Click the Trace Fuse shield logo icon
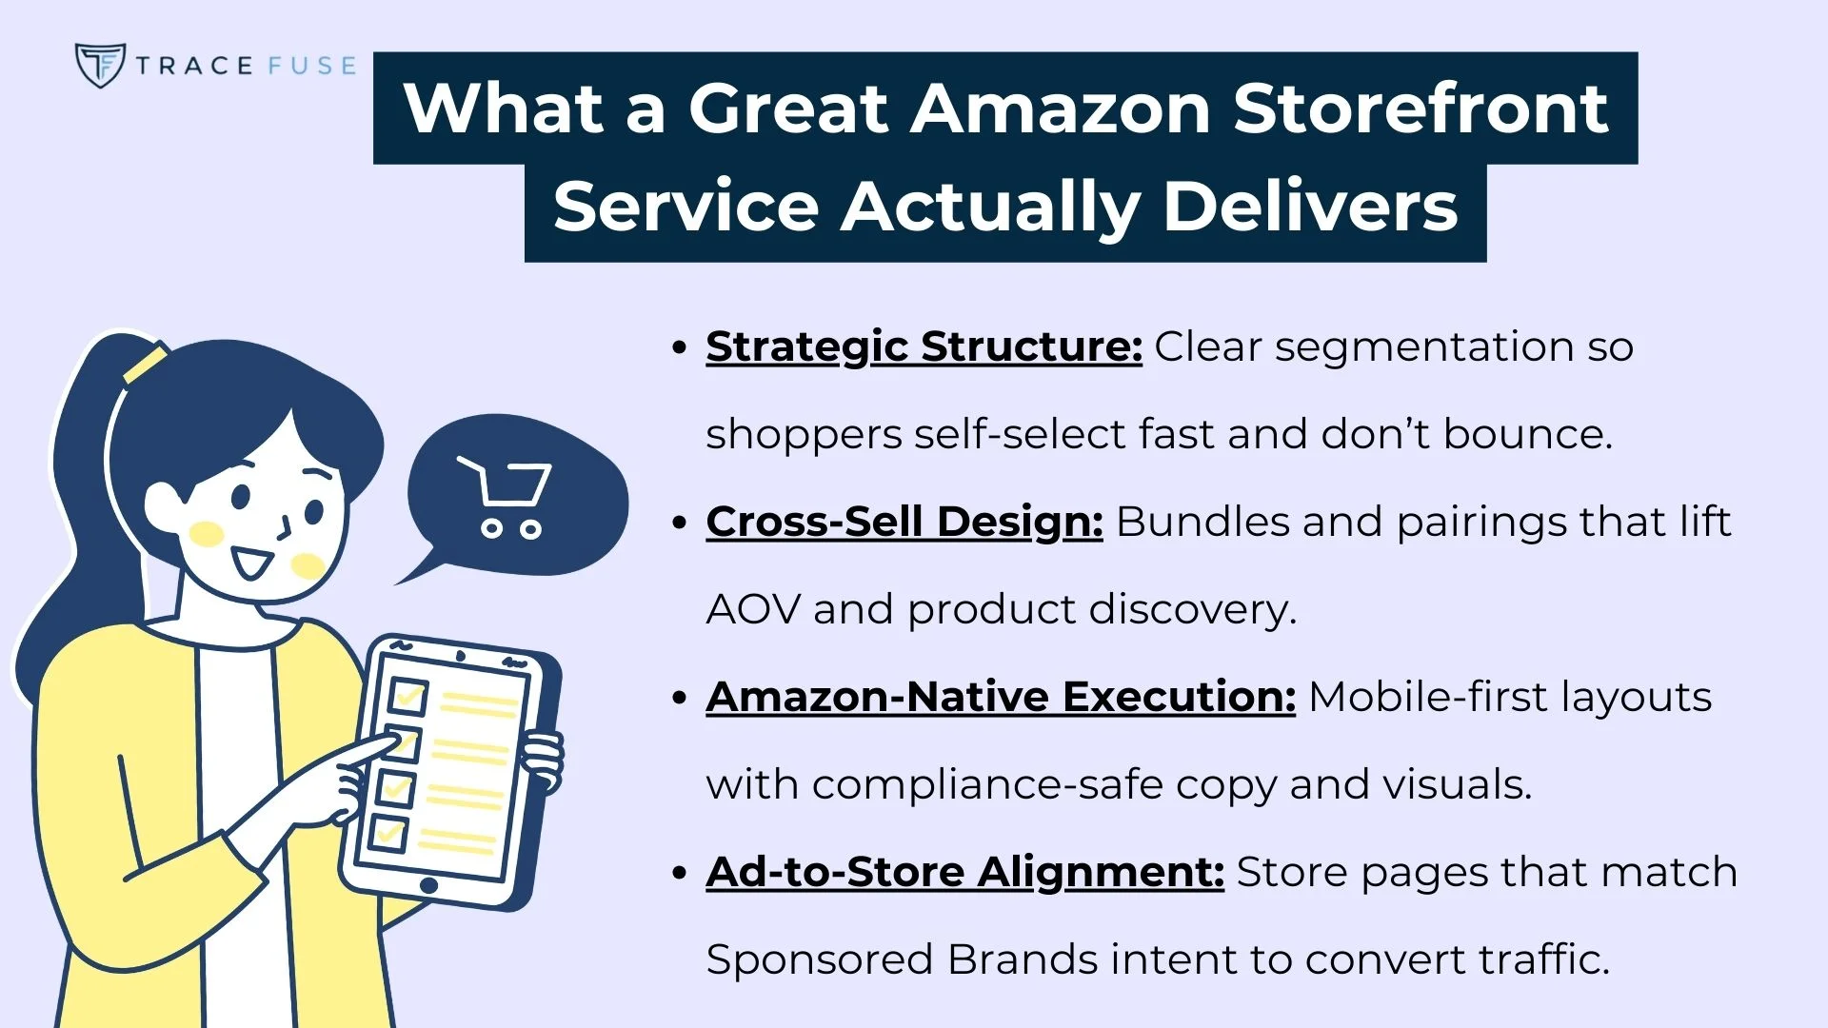click(x=100, y=65)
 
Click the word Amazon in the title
click(x=1060, y=109)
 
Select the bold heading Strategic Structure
click(x=924, y=346)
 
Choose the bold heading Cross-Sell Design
click(x=904, y=522)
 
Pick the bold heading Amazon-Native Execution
click(x=1001, y=697)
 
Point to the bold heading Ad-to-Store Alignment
click(x=964, y=872)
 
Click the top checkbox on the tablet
click(x=407, y=697)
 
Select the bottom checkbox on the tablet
click(x=387, y=833)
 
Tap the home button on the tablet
click(x=428, y=886)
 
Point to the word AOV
click(x=753, y=609)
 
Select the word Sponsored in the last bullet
click(x=820, y=959)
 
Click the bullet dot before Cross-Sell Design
click(x=679, y=523)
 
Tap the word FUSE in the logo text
click(x=311, y=66)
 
